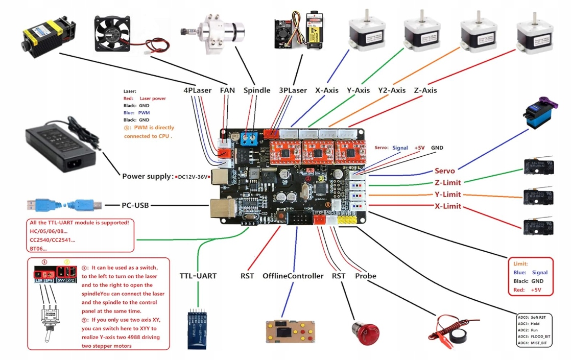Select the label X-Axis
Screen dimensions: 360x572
click(327, 90)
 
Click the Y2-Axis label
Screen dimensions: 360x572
click(392, 90)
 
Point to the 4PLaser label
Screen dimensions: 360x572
click(198, 90)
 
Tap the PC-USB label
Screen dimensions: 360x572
click(135, 205)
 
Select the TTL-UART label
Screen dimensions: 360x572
click(198, 276)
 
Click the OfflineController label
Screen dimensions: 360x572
click(293, 276)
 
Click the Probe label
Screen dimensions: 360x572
click(366, 276)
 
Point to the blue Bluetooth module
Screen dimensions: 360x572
click(199, 328)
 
